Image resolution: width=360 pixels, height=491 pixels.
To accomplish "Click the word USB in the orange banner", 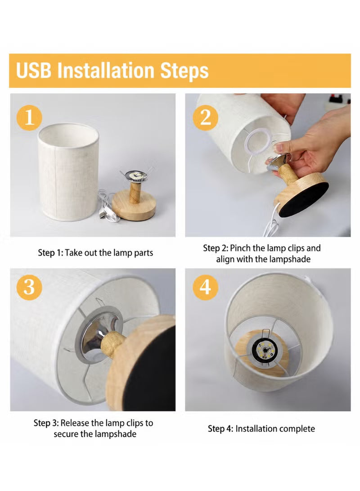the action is tap(33, 70).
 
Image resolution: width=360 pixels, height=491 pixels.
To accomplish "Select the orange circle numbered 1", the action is tap(29, 117).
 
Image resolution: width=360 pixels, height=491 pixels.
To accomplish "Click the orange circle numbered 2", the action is tap(205, 117).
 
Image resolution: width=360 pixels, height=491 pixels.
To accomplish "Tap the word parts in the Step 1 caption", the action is tap(144, 253).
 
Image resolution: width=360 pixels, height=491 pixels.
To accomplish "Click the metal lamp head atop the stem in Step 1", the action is tap(135, 177).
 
